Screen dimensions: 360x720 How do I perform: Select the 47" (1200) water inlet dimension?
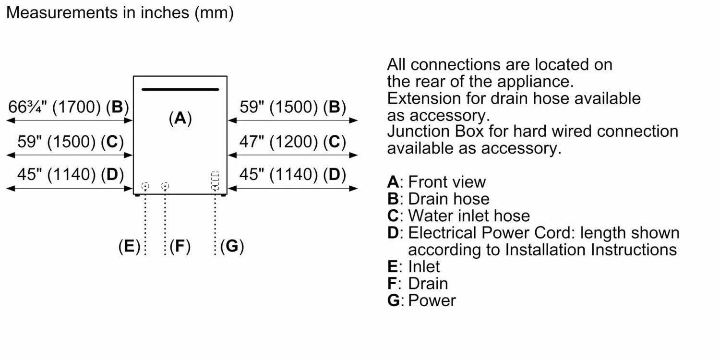(x=292, y=142)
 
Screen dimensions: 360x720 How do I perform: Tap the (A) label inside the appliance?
(x=180, y=118)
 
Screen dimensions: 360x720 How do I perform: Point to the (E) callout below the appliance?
(x=129, y=246)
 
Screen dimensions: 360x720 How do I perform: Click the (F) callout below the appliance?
(x=180, y=246)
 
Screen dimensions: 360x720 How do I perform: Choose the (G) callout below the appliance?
(x=232, y=246)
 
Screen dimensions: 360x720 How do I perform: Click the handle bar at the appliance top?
(x=180, y=89)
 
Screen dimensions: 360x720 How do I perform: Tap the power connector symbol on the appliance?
(x=215, y=181)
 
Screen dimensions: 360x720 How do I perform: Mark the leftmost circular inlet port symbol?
(x=145, y=186)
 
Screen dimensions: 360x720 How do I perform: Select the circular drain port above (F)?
(x=165, y=186)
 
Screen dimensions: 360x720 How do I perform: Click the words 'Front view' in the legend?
(x=446, y=182)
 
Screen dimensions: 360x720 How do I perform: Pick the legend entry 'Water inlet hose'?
(x=468, y=216)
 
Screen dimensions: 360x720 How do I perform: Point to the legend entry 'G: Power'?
(x=421, y=300)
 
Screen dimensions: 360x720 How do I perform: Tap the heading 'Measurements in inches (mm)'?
(x=120, y=13)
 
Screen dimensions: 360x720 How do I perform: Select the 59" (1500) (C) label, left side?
(x=70, y=142)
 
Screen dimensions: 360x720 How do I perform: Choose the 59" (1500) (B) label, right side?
(x=292, y=107)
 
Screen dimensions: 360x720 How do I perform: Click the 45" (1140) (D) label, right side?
(x=292, y=174)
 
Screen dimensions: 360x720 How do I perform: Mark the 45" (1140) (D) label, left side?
(x=70, y=174)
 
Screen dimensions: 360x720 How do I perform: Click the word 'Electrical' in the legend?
(x=441, y=233)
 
